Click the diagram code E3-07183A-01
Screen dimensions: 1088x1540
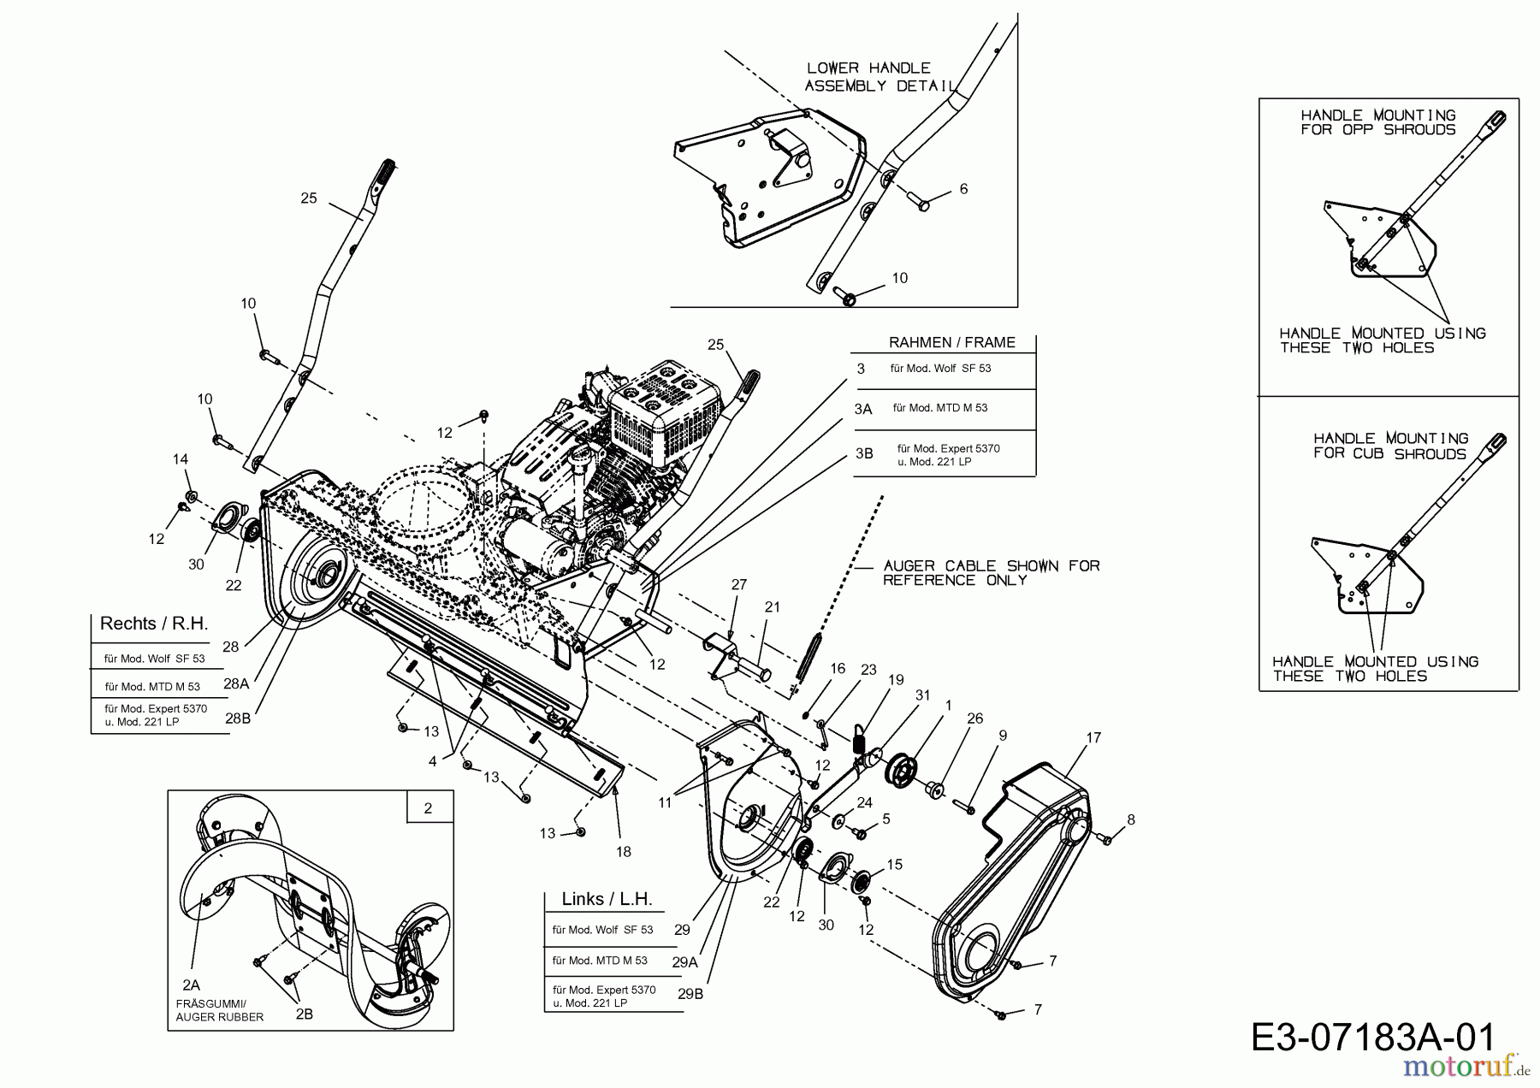(x=1372, y=1037)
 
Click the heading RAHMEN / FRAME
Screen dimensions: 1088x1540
(x=951, y=343)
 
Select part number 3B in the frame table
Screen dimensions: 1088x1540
(x=864, y=453)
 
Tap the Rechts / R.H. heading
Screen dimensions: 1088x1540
(x=154, y=624)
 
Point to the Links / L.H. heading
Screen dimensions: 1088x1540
(x=607, y=899)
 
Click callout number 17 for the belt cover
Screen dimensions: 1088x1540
(x=1093, y=737)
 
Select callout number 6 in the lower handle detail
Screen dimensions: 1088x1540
(x=963, y=188)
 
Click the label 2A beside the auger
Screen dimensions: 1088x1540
(x=191, y=985)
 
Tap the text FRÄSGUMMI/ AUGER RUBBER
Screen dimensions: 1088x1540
(x=219, y=1010)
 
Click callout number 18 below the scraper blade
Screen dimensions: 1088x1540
(x=623, y=851)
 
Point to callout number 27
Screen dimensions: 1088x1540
(x=738, y=585)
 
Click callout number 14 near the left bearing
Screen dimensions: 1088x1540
(x=180, y=459)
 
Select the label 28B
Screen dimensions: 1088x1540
(x=238, y=718)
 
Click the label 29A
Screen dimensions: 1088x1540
(x=685, y=961)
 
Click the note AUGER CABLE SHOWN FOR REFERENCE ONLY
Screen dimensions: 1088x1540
(x=991, y=573)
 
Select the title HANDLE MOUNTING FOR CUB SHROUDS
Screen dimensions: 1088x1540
(x=1390, y=446)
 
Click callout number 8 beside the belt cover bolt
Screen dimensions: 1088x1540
(x=1131, y=819)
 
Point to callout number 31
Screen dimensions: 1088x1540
(x=922, y=695)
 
